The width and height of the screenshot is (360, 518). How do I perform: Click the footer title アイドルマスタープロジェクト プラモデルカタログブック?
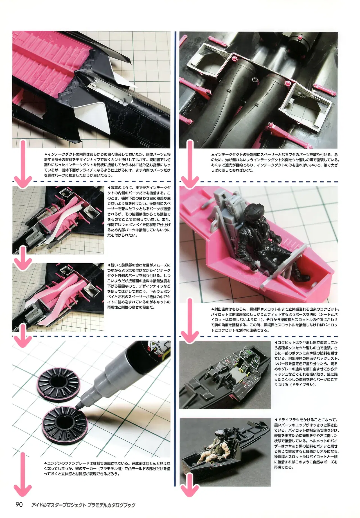click(84, 505)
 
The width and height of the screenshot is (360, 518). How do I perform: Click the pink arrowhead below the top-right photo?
click(189, 181)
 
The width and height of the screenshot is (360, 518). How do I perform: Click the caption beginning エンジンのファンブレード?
click(107, 468)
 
